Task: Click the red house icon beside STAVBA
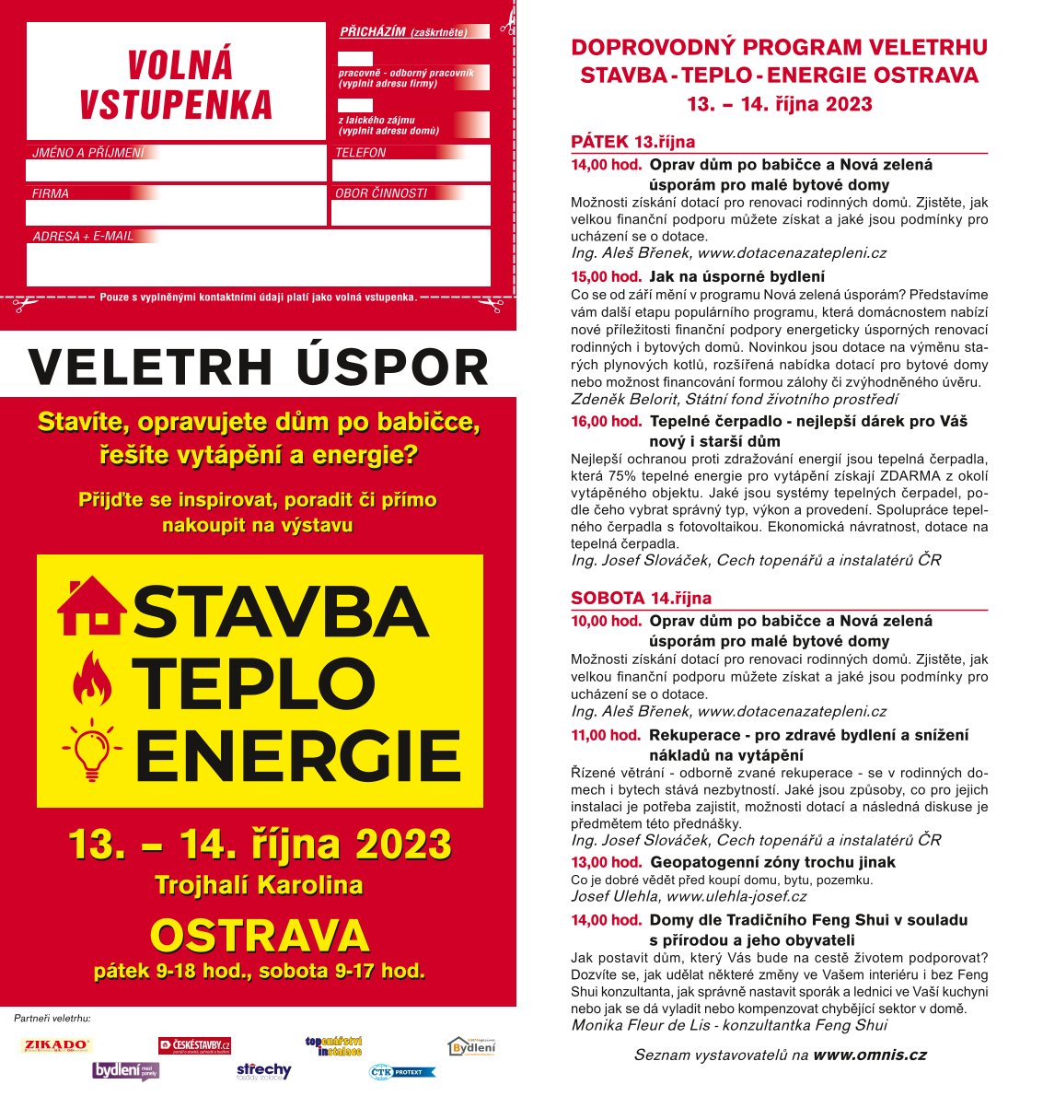92,606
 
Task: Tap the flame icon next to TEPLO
92,679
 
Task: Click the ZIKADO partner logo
56,1045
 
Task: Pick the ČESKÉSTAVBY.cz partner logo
194,1045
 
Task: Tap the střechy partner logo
263,1071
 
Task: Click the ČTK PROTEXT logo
401,1072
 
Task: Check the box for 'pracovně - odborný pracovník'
355,59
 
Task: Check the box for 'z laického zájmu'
355,106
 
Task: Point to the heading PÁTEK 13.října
632,142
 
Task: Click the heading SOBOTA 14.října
641,598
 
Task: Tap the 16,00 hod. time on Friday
606,421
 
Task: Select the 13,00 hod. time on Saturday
606,862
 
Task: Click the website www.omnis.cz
869,1055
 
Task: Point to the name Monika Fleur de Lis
642,1025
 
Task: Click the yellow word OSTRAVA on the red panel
259,936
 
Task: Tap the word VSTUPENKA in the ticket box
176,105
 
